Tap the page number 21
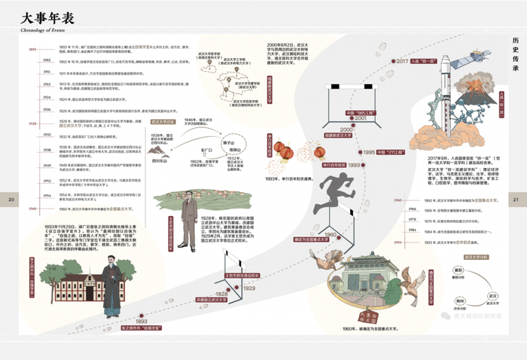click(516, 200)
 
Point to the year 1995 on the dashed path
click(367, 152)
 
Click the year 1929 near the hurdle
click(248, 288)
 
